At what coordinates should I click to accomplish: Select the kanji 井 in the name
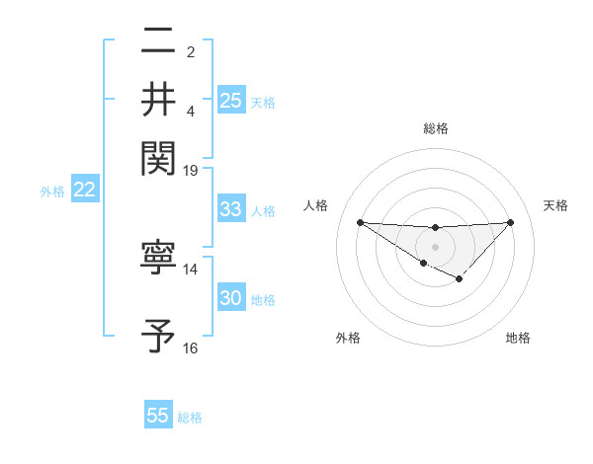coord(159,99)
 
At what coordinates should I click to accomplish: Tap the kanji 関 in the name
coord(159,157)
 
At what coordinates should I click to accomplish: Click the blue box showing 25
coord(230,100)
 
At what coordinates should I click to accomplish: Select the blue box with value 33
coord(230,209)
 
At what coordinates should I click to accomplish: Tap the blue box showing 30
coord(230,298)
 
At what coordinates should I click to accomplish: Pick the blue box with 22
coord(84,191)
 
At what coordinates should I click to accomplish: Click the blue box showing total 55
coord(158,416)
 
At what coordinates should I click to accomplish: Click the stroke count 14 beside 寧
coord(191,269)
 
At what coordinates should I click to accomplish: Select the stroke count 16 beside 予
coord(191,348)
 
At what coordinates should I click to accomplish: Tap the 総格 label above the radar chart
coord(435,127)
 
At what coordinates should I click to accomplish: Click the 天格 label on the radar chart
coord(555,205)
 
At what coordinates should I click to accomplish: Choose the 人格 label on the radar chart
coord(315,205)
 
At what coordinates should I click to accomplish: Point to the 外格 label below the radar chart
coord(348,338)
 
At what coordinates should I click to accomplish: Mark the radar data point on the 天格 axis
coord(510,222)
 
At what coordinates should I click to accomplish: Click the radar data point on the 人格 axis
coord(360,222)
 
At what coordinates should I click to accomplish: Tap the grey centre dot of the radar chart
coord(435,246)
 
